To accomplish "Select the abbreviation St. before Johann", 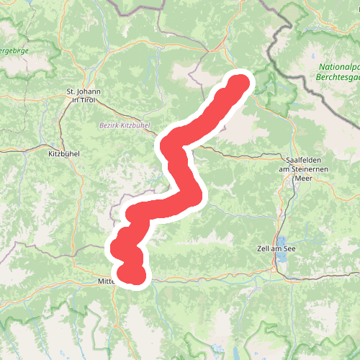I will click(71, 91).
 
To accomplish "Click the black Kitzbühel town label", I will click(64, 154).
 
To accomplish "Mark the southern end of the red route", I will click(134, 276).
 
